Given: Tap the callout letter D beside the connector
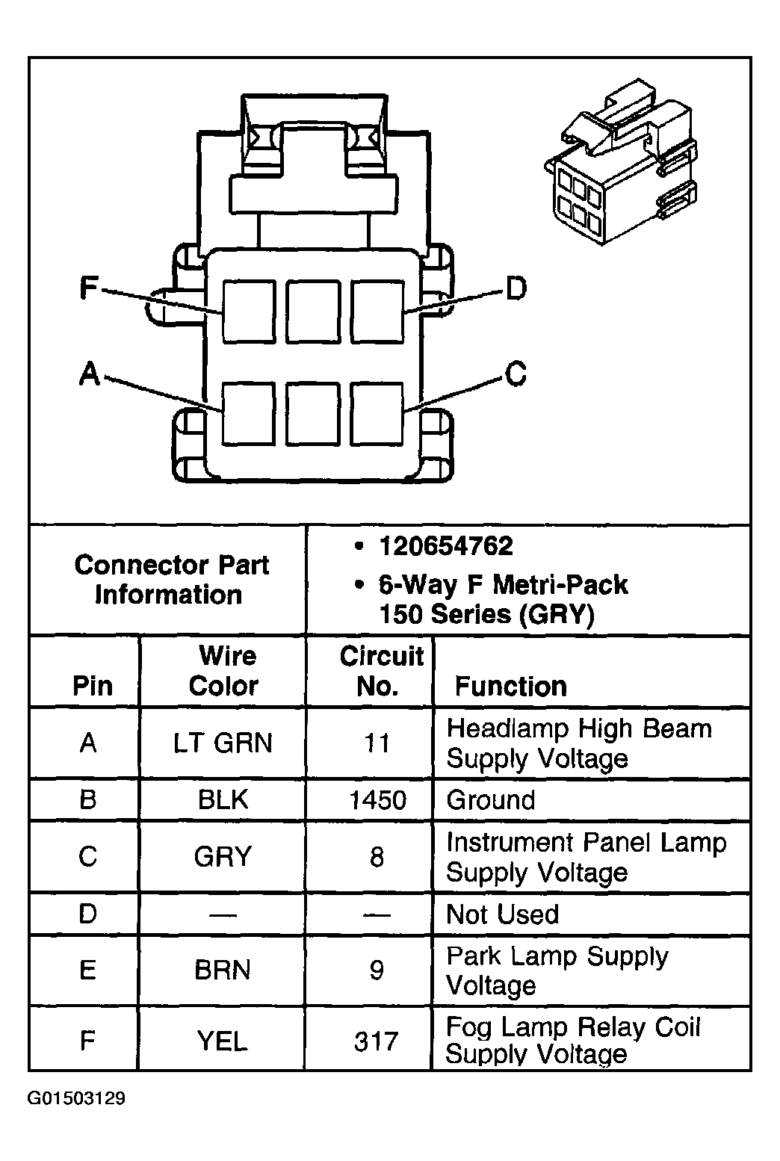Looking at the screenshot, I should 516,288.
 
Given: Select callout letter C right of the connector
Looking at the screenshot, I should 516,374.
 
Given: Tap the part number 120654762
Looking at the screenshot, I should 445,547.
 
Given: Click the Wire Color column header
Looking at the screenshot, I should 224,671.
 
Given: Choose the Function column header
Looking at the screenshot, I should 511,686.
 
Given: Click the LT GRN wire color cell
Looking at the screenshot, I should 223,743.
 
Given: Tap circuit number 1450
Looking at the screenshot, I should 377,800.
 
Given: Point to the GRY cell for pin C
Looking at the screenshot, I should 223,856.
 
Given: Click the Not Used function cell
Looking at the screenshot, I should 502,914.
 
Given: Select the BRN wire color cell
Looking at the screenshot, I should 223,970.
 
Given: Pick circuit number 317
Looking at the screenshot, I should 377,1041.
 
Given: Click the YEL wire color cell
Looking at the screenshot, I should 223,1041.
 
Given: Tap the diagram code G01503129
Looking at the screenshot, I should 76,1098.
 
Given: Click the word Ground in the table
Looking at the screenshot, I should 491,800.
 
